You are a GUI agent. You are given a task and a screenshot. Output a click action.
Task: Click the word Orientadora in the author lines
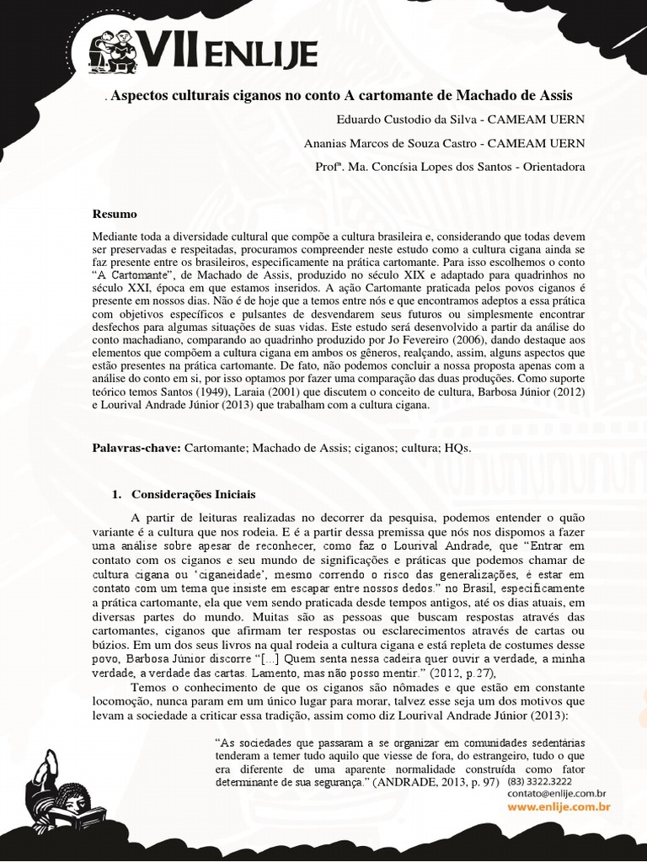coord(548,167)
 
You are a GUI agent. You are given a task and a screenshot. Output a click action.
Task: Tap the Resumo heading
coord(115,214)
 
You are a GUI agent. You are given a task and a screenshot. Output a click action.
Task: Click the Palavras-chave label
coord(136,448)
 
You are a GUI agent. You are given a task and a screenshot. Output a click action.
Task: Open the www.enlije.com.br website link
coord(558,807)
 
